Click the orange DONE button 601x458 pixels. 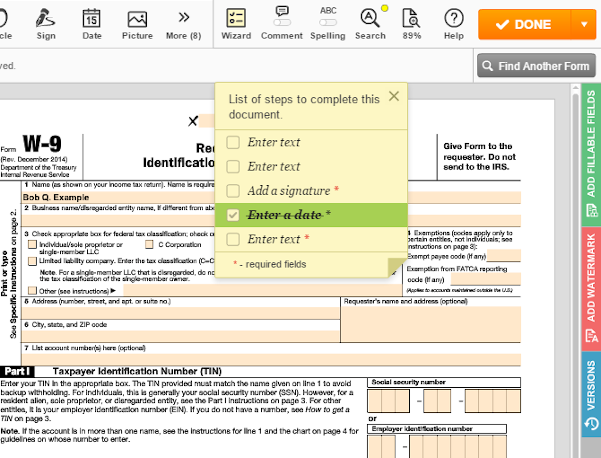pos(524,25)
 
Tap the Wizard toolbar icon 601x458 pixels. pos(236,18)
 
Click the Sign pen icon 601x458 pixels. pos(46,18)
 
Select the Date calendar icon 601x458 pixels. pos(92,18)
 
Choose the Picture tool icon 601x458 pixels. pos(137,19)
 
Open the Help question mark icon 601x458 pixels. pos(454,18)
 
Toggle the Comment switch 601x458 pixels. pos(282,22)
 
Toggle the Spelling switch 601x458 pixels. pos(328,22)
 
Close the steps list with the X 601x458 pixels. pos(394,96)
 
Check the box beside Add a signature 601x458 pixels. pos(233,191)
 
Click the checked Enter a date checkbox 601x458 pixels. pos(233,215)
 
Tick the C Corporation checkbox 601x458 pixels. pos(149,244)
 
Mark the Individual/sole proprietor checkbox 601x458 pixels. pos(32,244)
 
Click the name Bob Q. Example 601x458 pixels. pos(56,197)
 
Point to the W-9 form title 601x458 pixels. pos(42,144)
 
